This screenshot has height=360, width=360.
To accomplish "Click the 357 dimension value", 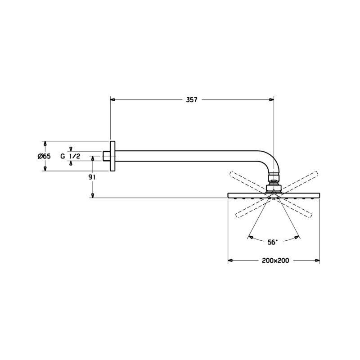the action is pyautogui.click(x=192, y=99).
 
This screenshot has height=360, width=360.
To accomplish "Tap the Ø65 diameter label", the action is pyautogui.click(x=44, y=156).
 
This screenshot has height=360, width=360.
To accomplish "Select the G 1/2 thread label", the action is pyautogui.click(x=70, y=156).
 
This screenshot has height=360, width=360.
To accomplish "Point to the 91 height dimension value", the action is pyautogui.click(x=93, y=177).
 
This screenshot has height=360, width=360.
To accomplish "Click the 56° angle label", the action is pyautogui.click(x=273, y=242).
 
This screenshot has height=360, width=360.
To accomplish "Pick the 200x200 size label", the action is pyautogui.click(x=275, y=261).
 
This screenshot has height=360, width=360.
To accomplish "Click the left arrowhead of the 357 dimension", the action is pyautogui.click(x=113, y=99).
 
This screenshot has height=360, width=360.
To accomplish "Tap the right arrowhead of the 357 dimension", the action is pyautogui.click(x=272, y=99).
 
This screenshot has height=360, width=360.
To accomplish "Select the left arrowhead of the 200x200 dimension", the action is pyautogui.click(x=230, y=261).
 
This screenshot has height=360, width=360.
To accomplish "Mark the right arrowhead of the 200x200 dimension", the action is pyautogui.click(x=317, y=261).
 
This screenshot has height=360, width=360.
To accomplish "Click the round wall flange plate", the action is pyautogui.click(x=112, y=156).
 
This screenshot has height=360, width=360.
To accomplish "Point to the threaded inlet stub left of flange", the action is pyautogui.click(x=106, y=156).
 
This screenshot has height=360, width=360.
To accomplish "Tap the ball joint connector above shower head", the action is pyautogui.click(x=274, y=184).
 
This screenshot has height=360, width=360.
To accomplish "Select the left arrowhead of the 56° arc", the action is pyautogui.click(x=251, y=237).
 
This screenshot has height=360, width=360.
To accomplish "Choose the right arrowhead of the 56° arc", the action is pyautogui.click(x=297, y=237).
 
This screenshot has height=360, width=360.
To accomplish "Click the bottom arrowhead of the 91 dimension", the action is pyautogui.click(x=93, y=195).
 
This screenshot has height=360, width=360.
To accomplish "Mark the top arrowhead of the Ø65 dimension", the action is pyautogui.click(x=45, y=144).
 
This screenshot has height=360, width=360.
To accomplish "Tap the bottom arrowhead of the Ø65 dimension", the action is pyautogui.click(x=45, y=168).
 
